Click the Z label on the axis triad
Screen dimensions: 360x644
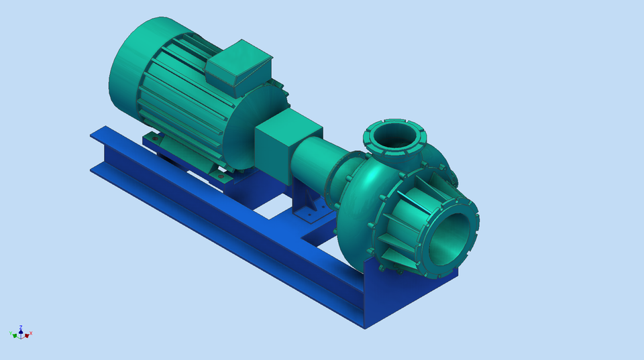click(x=21, y=326)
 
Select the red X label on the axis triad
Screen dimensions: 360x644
click(x=31, y=333)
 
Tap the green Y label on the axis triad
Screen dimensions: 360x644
click(x=11, y=333)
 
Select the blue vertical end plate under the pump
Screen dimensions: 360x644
click(x=409, y=295)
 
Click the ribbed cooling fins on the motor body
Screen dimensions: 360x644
click(x=181, y=107)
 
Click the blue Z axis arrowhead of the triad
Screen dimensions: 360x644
click(x=21, y=331)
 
